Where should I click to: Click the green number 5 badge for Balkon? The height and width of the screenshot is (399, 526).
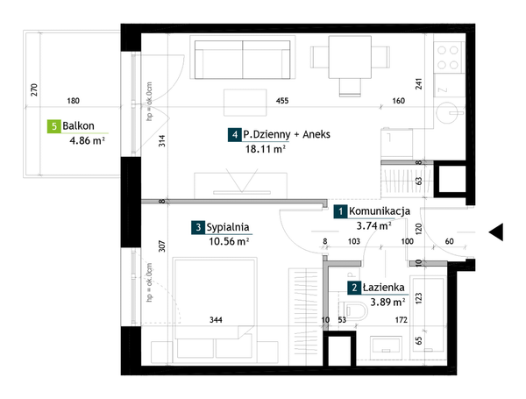[x=53, y=126]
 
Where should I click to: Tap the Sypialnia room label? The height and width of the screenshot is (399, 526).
[x=228, y=227]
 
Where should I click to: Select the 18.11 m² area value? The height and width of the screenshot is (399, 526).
[x=266, y=149]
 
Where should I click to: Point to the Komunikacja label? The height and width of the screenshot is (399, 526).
[x=380, y=211]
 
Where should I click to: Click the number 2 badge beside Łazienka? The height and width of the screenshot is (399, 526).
[x=354, y=288]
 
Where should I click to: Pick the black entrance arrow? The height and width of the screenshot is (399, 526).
[x=496, y=232]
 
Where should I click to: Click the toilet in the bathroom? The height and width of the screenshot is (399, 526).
[x=353, y=310]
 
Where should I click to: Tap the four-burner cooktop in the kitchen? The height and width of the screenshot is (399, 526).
[x=448, y=57]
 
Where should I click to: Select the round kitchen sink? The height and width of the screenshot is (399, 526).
[x=450, y=113]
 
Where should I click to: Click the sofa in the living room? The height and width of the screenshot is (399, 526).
[x=243, y=60]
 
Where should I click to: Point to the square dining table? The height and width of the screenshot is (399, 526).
[x=350, y=57]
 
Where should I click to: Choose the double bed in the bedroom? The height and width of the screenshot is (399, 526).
[x=215, y=308]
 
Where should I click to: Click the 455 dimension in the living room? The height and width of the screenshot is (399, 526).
[x=282, y=101]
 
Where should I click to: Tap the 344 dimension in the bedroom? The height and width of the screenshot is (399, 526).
[x=216, y=320]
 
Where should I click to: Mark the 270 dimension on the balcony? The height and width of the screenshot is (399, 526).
[x=34, y=90]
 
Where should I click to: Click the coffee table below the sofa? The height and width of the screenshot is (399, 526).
[x=245, y=103]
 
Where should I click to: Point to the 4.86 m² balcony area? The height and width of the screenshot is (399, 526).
[x=87, y=140]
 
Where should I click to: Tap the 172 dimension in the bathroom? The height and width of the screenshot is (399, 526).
[x=402, y=320]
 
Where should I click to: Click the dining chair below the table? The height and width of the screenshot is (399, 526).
[x=350, y=87]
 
